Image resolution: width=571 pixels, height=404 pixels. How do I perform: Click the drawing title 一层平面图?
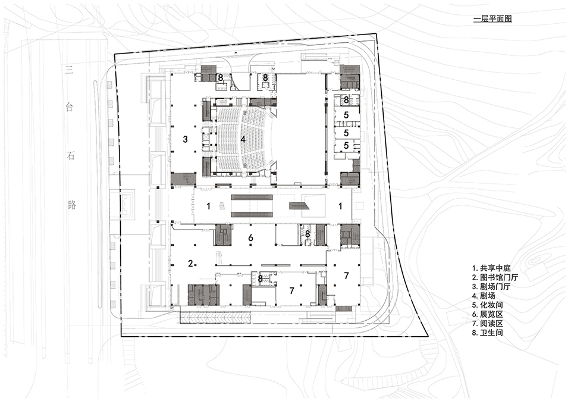coord(492,19)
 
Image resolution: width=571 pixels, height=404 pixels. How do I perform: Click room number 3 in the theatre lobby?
coord(186,139)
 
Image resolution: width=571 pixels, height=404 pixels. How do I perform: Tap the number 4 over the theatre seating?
coord(243,139)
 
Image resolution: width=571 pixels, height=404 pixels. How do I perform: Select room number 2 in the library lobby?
coord(190,264)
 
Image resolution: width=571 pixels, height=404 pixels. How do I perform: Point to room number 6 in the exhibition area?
coord(250,238)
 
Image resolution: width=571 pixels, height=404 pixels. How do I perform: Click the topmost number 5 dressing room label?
coord(346,114)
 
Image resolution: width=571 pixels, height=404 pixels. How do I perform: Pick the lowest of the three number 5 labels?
coord(346,145)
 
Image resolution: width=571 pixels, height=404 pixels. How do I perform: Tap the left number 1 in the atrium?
coord(208,206)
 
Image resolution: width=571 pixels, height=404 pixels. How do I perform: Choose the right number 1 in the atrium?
coord(340,206)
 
